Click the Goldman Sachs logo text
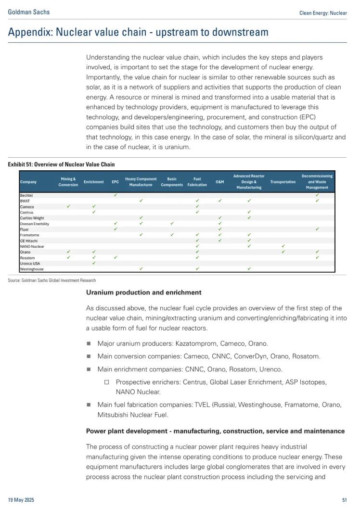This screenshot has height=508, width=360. (x=29, y=13)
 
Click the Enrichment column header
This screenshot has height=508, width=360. (x=94, y=182)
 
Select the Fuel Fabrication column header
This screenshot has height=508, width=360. (x=197, y=182)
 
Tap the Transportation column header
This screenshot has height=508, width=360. (x=283, y=182)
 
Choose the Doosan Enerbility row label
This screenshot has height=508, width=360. (x=35, y=224)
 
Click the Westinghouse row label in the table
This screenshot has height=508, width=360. (x=32, y=269)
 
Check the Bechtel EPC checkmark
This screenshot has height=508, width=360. (x=116, y=194)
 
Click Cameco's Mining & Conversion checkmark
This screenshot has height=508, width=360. (x=68, y=206)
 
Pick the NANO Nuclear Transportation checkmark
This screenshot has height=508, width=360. (x=283, y=246)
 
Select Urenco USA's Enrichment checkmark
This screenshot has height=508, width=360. (x=94, y=263)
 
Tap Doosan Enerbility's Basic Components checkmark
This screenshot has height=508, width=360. (x=172, y=224)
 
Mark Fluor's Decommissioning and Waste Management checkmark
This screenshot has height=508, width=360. (x=317, y=229)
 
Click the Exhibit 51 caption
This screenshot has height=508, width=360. (x=61, y=165)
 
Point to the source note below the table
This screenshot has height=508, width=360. (x=52, y=280)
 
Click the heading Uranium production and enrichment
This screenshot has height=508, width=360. (x=144, y=292)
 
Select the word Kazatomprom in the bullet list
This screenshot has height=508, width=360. (x=200, y=343)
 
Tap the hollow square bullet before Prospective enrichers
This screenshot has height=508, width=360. (x=107, y=382)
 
